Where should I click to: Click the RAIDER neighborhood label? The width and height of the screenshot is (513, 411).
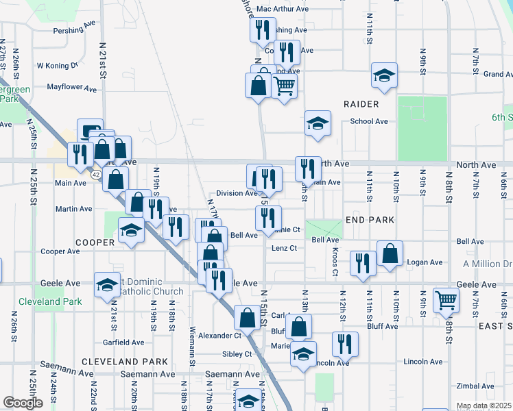coord(362,104)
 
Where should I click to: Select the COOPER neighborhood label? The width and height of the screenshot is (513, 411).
coord(95,242)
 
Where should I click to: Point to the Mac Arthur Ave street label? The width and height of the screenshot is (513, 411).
coord(283,9)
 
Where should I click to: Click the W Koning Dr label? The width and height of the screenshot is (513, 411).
coord(59,66)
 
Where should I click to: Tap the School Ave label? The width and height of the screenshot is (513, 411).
coord(369,121)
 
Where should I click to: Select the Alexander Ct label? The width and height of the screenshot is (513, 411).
coord(219,336)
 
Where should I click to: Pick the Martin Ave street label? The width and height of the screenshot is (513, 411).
coord(74,209)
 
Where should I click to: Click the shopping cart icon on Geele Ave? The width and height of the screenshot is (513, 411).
coord(446,299)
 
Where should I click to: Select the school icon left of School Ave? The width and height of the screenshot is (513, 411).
coord(318,123)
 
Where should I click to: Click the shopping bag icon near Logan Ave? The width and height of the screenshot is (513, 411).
coord(390,253)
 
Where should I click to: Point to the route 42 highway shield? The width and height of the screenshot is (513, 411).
coord(99,175)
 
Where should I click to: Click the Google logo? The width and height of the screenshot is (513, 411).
coord(23,403)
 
